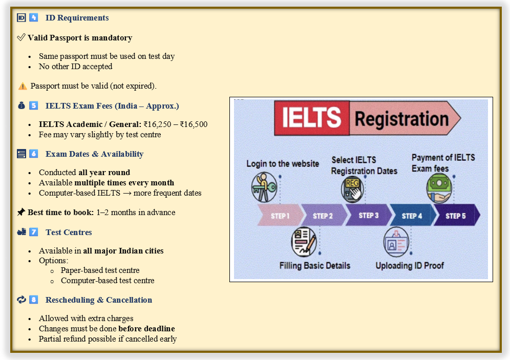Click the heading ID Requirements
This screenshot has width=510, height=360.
tap(77, 18)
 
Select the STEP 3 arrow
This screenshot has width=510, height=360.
tap(368, 216)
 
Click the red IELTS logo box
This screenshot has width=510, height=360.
tap(312, 118)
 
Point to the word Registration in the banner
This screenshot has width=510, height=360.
tap(401, 119)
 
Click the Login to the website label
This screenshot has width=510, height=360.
tap(283, 164)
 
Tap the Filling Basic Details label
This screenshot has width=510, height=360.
tap(315, 266)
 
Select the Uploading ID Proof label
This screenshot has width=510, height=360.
tap(410, 266)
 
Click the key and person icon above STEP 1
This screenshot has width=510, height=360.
tap(264, 187)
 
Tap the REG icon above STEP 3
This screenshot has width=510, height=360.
tap(353, 188)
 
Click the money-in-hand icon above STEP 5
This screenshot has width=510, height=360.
tap(439, 187)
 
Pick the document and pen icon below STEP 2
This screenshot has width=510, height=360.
tap(304, 242)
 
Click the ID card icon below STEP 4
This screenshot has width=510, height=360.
tap(396, 242)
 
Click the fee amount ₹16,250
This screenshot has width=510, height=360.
tap(161, 124)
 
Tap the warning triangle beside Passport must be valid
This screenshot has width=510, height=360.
tap(23, 86)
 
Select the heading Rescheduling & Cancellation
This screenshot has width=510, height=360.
tap(98, 300)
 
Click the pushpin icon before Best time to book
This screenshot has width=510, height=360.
tap(21, 212)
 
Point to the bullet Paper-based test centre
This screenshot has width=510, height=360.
tap(100, 270)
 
